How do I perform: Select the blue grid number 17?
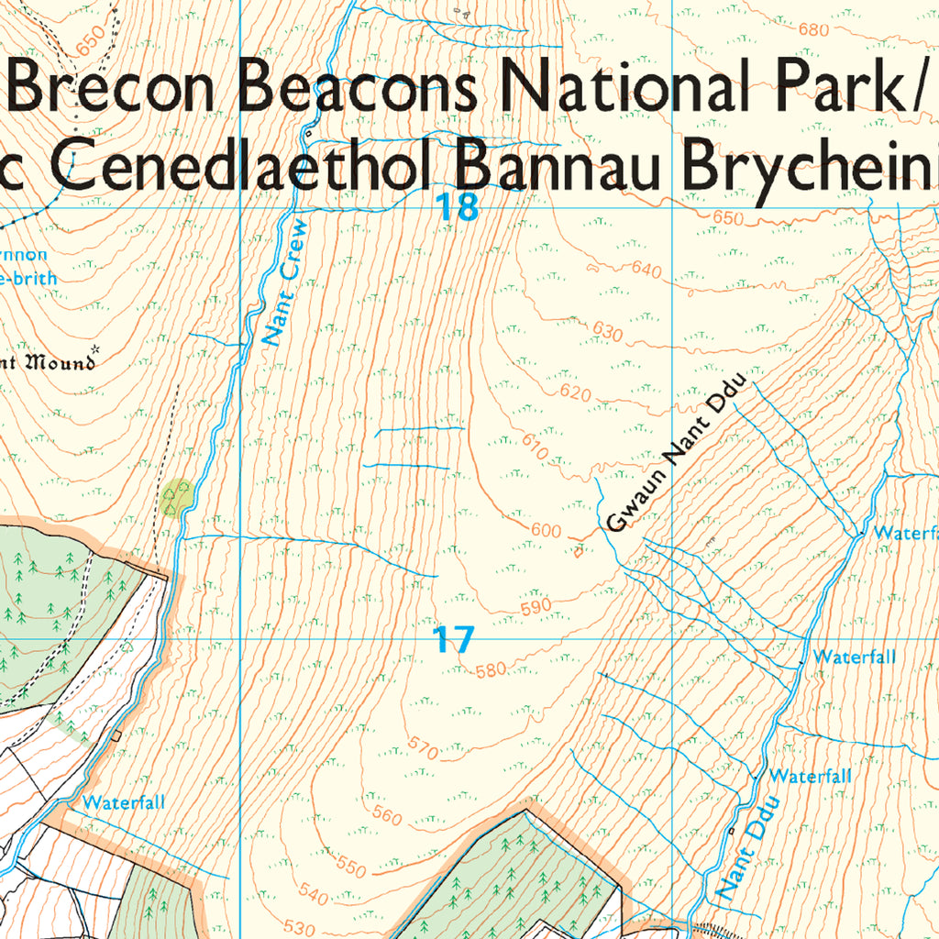(x=454, y=639)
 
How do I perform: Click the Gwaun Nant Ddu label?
(x=678, y=456)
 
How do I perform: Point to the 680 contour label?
(x=813, y=29)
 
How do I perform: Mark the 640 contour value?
(x=646, y=271)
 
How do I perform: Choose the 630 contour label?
(x=609, y=332)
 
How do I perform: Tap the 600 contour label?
(x=546, y=531)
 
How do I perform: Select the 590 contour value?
(x=536, y=606)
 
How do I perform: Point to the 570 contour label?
(x=423, y=747)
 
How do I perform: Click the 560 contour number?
(x=387, y=814)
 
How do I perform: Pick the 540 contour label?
(x=314, y=892)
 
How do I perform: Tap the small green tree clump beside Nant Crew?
(x=176, y=497)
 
